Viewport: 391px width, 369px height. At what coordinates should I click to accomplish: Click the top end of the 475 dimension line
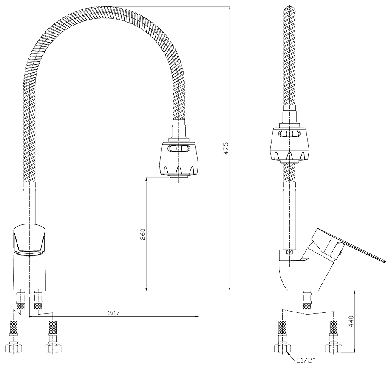point(229,6)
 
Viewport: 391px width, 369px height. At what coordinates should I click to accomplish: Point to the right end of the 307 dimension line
point(198,317)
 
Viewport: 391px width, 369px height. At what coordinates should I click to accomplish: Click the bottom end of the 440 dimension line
point(354,352)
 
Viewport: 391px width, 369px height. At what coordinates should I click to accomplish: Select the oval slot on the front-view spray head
point(179,149)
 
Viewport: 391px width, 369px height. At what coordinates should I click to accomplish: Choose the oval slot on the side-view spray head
point(289,134)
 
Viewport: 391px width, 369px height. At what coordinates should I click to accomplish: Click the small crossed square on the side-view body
point(289,252)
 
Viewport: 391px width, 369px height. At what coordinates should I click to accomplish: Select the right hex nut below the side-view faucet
point(334,348)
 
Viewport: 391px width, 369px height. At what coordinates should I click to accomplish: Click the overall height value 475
point(226,149)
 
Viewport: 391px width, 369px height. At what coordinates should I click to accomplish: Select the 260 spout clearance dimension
point(142,234)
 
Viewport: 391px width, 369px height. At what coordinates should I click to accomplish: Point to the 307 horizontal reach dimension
point(114,313)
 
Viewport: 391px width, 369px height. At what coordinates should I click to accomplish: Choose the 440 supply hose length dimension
point(351,322)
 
